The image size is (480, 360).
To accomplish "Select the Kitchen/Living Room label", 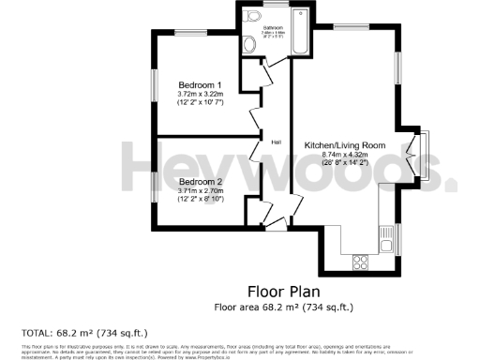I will [345, 145].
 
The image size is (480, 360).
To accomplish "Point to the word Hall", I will [277, 142].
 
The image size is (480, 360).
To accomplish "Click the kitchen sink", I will [385, 246].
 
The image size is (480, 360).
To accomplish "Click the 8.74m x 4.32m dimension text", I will [345, 155].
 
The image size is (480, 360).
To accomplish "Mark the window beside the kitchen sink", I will [397, 240].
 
